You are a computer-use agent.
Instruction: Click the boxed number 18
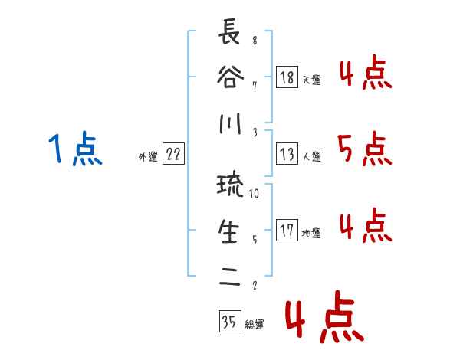287,77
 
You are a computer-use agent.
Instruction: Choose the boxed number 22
173,155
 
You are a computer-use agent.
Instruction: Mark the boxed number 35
229,322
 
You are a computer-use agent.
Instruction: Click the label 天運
311,80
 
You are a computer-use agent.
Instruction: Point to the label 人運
311,156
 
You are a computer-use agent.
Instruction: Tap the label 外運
148,157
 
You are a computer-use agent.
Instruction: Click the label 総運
254,325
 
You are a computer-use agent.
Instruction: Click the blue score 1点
74,149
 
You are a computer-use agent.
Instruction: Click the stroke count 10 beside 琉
255,195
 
